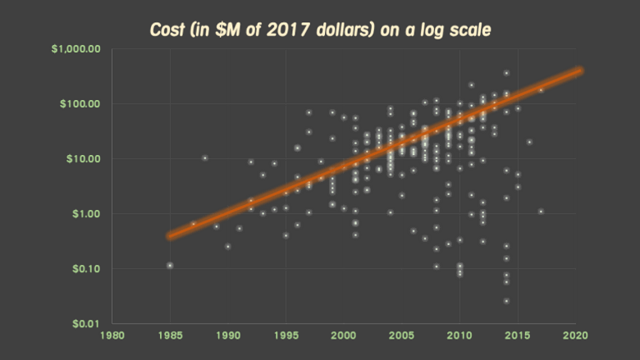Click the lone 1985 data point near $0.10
tap(170, 265)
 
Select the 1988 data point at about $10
tap(204, 157)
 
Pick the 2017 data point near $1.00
tap(541, 211)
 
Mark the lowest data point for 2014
tap(506, 301)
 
